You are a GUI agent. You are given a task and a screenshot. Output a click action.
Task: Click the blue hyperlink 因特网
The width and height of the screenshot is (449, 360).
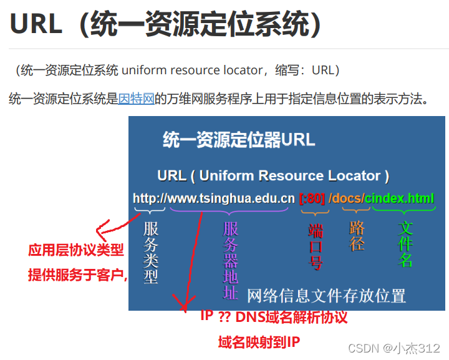pyautogui.click(x=137, y=98)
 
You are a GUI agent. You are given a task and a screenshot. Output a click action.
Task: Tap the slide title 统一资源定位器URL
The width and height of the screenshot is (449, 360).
pyautogui.click(x=239, y=139)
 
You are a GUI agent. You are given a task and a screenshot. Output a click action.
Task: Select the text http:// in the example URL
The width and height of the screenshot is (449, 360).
pyautogui.click(x=149, y=198)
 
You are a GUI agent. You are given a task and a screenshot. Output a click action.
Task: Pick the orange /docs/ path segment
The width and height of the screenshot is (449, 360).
pyautogui.click(x=347, y=198)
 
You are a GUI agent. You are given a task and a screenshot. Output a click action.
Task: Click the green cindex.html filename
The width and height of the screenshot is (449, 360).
pyautogui.click(x=400, y=198)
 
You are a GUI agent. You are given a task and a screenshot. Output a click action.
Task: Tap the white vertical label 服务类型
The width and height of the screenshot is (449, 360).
pyautogui.click(x=151, y=253)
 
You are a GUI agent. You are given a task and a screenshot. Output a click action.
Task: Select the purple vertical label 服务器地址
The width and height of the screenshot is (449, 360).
pyautogui.click(x=231, y=260)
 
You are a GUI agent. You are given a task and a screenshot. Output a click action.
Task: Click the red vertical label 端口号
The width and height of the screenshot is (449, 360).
pyautogui.click(x=316, y=246)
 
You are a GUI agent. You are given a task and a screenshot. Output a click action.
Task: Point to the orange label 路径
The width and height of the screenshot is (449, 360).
pyautogui.click(x=357, y=236)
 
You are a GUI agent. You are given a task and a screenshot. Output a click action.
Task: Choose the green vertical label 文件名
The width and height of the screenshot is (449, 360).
pyautogui.click(x=406, y=244)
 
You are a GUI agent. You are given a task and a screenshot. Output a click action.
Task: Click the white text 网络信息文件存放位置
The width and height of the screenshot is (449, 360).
pyautogui.click(x=326, y=295)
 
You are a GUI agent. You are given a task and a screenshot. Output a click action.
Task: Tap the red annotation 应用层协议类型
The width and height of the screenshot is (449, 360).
pyautogui.click(x=76, y=250)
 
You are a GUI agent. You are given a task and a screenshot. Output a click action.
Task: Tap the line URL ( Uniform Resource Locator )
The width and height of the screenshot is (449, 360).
pyautogui.click(x=273, y=175)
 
